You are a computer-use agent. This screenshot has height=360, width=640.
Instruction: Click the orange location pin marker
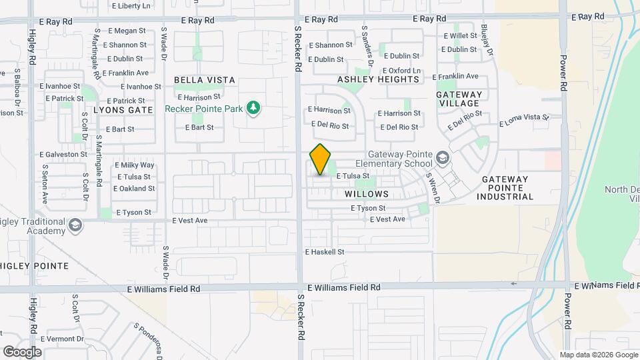(321, 159)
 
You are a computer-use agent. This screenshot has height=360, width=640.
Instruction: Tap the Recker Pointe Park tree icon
(253, 108)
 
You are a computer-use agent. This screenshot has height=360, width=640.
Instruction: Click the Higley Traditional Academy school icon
(75, 225)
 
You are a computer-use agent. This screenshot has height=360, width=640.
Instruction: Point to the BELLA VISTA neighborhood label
(205, 80)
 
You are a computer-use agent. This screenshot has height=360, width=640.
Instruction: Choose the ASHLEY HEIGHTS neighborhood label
(378, 79)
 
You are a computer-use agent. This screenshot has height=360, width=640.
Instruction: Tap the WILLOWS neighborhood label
(367, 194)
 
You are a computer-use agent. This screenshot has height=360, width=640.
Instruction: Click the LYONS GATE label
(123, 109)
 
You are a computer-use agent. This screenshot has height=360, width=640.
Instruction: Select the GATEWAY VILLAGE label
(459, 99)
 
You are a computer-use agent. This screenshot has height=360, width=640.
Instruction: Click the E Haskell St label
(325, 252)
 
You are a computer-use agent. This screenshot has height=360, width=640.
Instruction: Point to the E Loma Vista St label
(524, 121)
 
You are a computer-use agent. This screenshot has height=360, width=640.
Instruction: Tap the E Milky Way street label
(135, 165)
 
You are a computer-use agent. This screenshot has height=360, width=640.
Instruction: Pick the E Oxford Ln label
(401, 71)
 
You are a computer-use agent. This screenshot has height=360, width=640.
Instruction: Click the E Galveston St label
(63, 154)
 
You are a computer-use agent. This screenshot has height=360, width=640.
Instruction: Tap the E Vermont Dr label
(61, 339)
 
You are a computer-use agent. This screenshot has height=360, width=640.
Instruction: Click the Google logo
(22, 351)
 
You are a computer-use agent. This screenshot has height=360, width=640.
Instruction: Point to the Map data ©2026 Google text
(599, 355)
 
